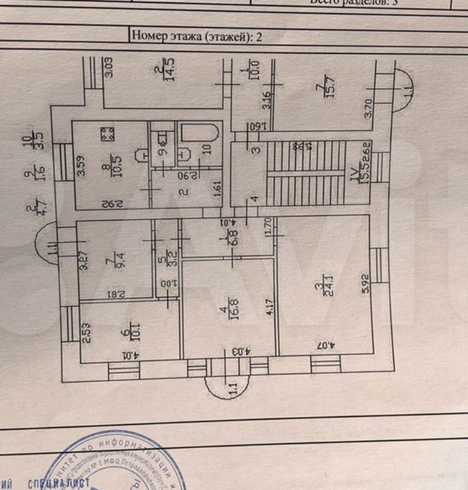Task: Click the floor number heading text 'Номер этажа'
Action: [167, 36]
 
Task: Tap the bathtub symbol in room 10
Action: [198, 137]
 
